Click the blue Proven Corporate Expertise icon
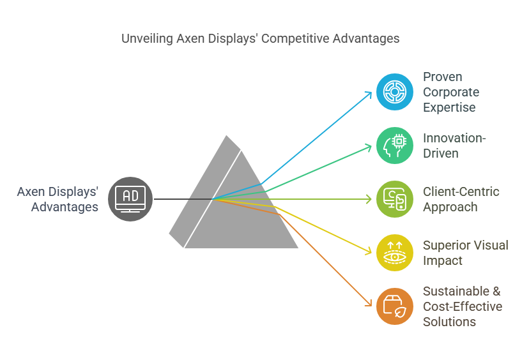(x=394, y=92)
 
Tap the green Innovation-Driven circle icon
(x=394, y=146)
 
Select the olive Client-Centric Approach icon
(x=394, y=199)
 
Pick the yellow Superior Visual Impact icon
(x=394, y=253)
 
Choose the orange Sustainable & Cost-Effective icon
(x=394, y=306)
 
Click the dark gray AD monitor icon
(x=130, y=199)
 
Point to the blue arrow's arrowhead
(x=369, y=94)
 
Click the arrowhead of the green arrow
(x=369, y=147)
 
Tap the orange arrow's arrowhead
(x=369, y=303)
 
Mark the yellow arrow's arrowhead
(x=369, y=251)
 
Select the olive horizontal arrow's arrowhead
(x=369, y=199)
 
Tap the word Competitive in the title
(x=295, y=38)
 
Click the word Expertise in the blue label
(x=449, y=107)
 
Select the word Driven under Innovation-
(x=441, y=153)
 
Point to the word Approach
(x=450, y=207)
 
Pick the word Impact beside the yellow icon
(x=443, y=260)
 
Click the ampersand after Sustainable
(x=496, y=291)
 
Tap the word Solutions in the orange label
(x=449, y=322)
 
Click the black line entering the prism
(x=183, y=199)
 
